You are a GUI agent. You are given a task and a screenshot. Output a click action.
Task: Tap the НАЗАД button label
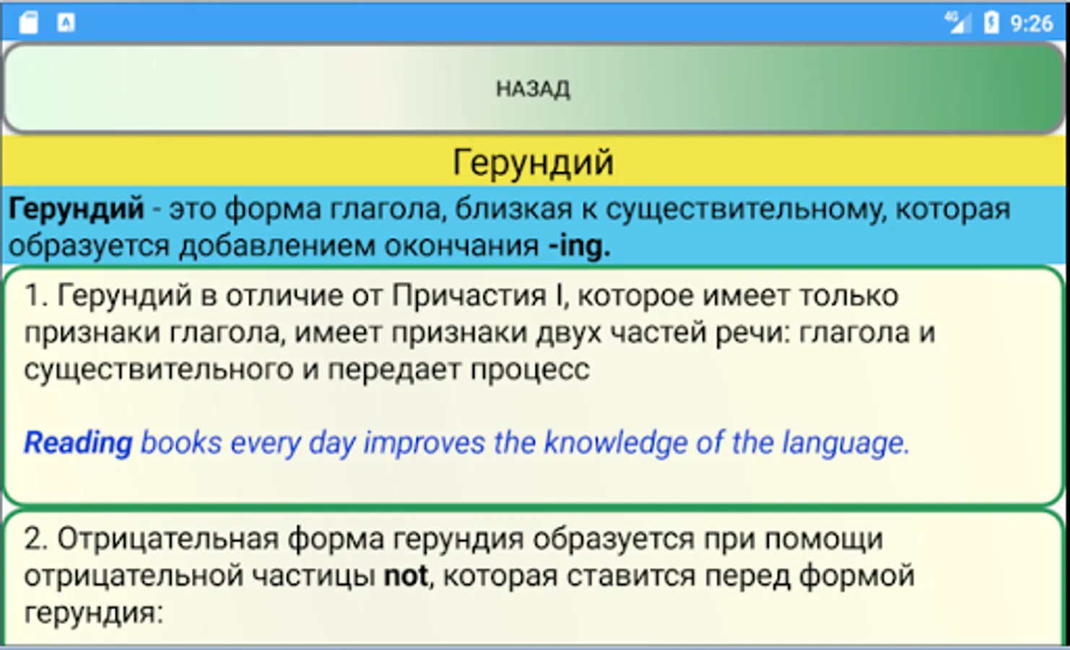pyautogui.click(x=533, y=89)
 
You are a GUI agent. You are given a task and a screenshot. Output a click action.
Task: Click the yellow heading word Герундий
pyautogui.click(x=533, y=162)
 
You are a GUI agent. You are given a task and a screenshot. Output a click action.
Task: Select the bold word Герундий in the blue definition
pyautogui.click(x=77, y=209)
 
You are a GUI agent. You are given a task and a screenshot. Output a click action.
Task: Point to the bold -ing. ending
pyautogui.click(x=580, y=246)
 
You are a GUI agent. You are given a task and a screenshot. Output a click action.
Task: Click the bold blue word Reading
pyautogui.click(x=79, y=443)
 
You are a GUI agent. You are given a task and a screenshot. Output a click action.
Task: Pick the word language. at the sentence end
pyautogui.click(x=846, y=443)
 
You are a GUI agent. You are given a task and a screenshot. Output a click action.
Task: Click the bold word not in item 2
pyautogui.click(x=406, y=576)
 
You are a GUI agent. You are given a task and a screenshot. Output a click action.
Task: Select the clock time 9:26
pyautogui.click(x=1032, y=23)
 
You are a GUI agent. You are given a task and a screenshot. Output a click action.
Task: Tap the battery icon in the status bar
pyautogui.click(x=991, y=23)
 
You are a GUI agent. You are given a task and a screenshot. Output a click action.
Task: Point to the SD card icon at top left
pyautogui.click(x=29, y=23)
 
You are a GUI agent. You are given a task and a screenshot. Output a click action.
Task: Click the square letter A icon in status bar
pyautogui.click(x=66, y=23)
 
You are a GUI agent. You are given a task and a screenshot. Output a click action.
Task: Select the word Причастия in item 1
pyautogui.click(x=469, y=295)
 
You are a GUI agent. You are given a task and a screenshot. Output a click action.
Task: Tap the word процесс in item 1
pyautogui.click(x=530, y=370)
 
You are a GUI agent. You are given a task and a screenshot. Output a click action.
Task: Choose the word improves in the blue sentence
pyautogui.click(x=425, y=443)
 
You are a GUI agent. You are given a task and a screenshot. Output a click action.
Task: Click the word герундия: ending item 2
pyautogui.click(x=94, y=612)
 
